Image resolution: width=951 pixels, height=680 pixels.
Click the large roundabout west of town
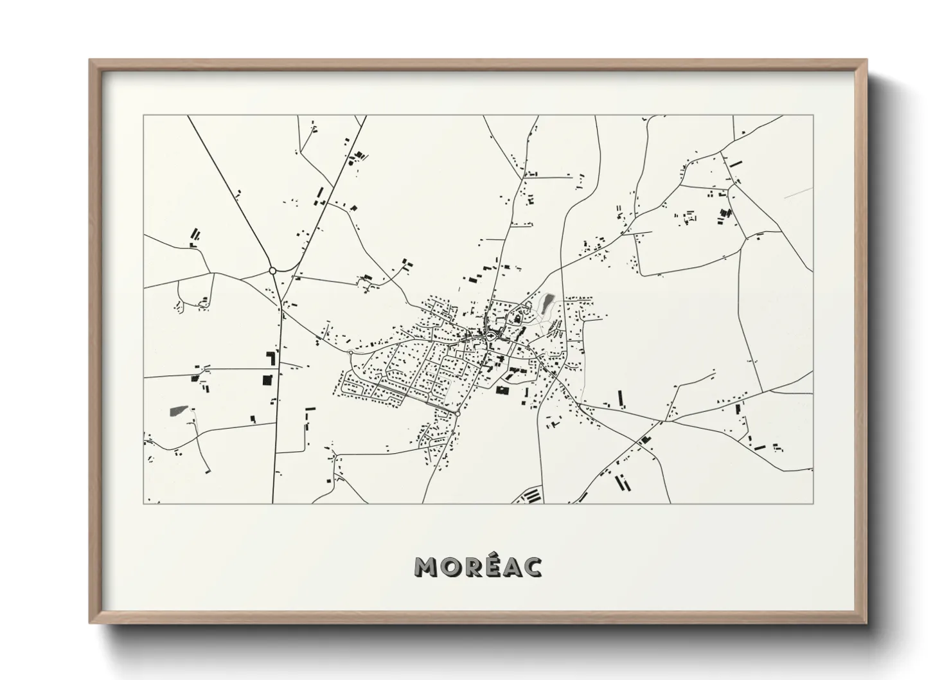click(272, 271)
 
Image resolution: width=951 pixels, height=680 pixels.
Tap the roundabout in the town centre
click(491, 334)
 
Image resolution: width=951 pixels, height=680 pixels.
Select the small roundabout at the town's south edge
click(458, 413)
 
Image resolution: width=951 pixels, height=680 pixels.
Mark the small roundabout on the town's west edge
click(350, 353)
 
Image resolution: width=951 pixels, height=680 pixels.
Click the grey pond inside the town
click(547, 301)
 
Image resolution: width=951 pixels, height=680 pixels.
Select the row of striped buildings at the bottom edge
click(531, 496)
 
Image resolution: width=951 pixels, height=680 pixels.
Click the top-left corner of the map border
click(144, 116)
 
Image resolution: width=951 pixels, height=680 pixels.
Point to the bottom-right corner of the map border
click(813, 503)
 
